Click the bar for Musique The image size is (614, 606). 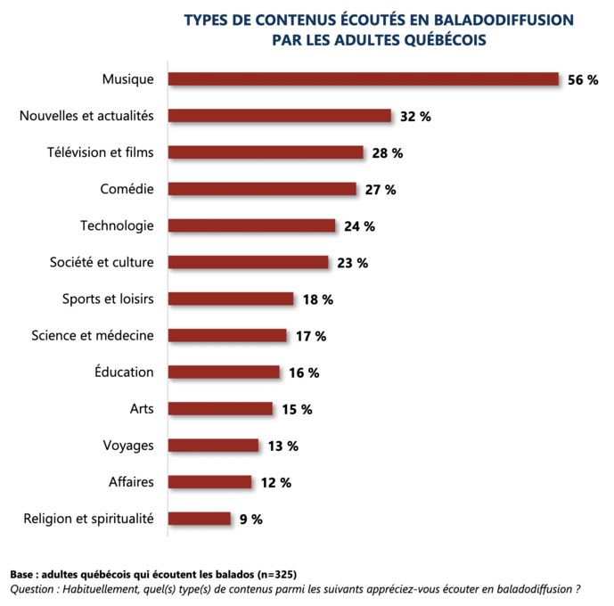(364, 79)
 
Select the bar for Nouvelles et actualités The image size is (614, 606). (280, 116)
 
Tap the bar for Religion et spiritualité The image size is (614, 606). (200, 518)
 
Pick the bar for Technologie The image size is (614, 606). (252, 225)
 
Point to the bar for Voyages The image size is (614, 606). (214, 445)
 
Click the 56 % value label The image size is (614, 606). (583, 80)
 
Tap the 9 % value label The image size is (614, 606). (251, 519)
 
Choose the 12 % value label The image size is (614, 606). (276, 482)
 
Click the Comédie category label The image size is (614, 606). (127, 189)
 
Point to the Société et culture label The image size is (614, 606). (102, 262)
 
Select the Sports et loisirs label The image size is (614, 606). (108, 299)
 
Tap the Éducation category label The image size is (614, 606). (124, 372)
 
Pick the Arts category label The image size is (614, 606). (142, 408)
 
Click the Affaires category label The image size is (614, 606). (130, 481)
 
